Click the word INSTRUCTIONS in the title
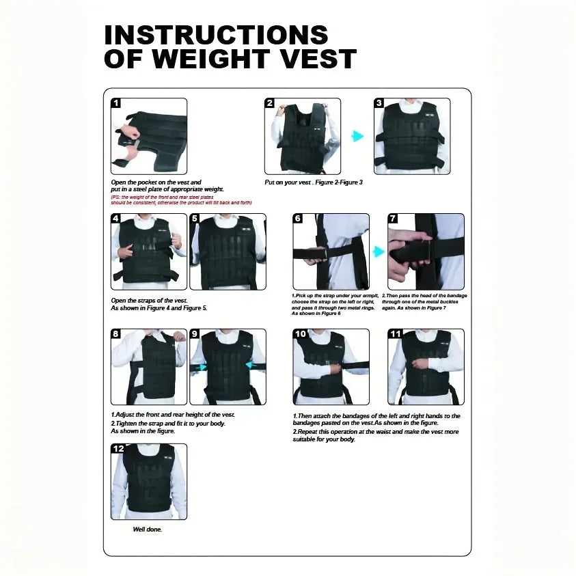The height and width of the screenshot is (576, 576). click(x=216, y=35)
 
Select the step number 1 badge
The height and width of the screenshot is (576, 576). click(x=116, y=103)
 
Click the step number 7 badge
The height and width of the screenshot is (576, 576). click(x=393, y=219)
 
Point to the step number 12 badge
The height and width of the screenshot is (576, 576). click(x=118, y=449)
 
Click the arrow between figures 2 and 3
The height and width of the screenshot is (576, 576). click(x=357, y=136)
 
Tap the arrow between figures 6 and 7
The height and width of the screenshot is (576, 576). click(x=379, y=251)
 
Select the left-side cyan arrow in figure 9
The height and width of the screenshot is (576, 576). click(x=200, y=367)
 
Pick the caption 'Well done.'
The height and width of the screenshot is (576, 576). click(x=148, y=530)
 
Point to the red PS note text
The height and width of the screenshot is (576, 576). click(x=181, y=200)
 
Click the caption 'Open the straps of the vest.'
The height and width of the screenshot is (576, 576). click(x=148, y=301)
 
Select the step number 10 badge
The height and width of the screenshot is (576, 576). click(x=300, y=334)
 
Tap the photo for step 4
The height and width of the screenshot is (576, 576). click(x=149, y=251)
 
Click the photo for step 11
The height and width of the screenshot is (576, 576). click(x=425, y=367)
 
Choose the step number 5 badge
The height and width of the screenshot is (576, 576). click(x=195, y=219)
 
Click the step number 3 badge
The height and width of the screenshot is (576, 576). click(x=379, y=103)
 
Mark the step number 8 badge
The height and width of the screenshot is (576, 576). click(x=116, y=334)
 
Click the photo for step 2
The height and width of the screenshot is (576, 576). click(x=302, y=136)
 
